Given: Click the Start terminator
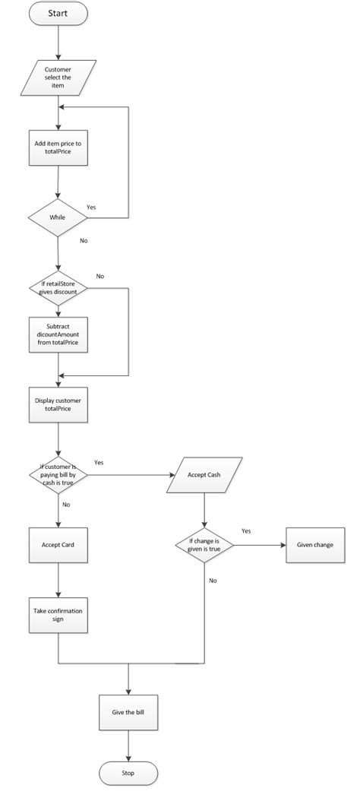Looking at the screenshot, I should pyautogui.click(x=58, y=13).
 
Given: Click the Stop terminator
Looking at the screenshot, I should pyautogui.click(x=128, y=774).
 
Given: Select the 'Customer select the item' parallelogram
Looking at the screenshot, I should pyautogui.click(x=58, y=78).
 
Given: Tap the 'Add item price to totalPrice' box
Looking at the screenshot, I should pyautogui.click(x=58, y=146).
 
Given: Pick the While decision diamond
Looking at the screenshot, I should pyautogui.click(x=58, y=217).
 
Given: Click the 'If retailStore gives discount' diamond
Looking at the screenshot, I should pyautogui.click(x=58, y=289).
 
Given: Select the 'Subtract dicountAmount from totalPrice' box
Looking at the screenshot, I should pyautogui.click(x=58, y=334).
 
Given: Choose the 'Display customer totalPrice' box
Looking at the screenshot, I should pyautogui.click(x=58, y=404).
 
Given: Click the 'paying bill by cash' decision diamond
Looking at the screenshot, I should pyautogui.click(x=58, y=476).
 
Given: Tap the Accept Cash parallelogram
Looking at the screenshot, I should pyautogui.click(x=204, y=475).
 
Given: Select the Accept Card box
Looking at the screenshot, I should pyautogui.click(x=58, y=545).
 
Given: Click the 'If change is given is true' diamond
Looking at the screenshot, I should pyautogui.click(x=204, y=545).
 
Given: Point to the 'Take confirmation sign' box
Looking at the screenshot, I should pyautogui.click(x=58, y=615).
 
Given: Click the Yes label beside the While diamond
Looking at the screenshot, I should pyautogui.click(x=91, y=207).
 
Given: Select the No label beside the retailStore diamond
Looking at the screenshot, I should pyautogui.click(x=100, y=276).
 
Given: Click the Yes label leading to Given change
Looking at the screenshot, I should pyautogui.click(x=246, y=530).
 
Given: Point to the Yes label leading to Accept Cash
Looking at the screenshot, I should pyautogui.click(x=99, y=461).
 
